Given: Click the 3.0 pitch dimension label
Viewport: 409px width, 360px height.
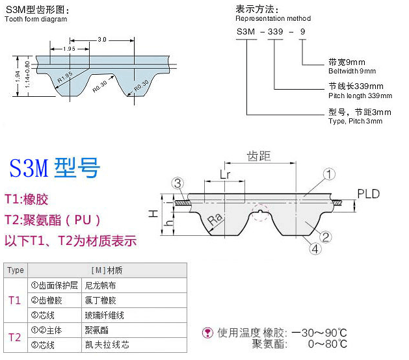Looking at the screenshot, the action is [102, 40].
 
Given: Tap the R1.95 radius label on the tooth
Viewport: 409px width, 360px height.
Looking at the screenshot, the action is [65, 77].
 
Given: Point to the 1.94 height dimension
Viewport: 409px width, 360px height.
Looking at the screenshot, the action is [17, 77].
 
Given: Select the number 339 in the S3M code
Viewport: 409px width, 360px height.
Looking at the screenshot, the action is [275, 32].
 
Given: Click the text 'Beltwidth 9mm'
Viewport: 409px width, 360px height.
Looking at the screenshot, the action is [352, 71].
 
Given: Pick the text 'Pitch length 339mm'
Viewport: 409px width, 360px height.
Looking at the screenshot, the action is [360, 96].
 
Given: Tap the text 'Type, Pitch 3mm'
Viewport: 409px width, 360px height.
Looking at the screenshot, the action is [355, 121].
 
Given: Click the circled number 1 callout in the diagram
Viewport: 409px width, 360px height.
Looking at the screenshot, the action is [329, 174].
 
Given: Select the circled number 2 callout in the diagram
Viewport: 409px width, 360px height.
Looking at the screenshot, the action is [326, 237].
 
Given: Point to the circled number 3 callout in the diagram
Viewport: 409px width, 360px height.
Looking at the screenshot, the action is [178, 183].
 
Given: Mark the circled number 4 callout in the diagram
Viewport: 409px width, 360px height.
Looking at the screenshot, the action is [315, 249].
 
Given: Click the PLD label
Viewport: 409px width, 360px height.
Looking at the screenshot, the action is [368, 194].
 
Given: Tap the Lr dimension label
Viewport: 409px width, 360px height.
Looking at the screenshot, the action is [225, 174].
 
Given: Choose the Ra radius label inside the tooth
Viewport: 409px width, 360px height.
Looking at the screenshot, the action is [215, 219].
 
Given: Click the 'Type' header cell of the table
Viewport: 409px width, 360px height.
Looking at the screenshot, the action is [16, 270].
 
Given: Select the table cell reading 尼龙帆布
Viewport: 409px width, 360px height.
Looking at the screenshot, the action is [100, 285].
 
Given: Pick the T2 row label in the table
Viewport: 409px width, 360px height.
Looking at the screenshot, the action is [14, 338].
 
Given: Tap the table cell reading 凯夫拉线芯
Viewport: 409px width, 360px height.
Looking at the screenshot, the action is [107, 344].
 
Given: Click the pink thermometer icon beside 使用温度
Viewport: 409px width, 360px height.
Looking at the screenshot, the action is [207, 333].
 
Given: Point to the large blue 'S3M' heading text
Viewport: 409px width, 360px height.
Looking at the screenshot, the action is [29, 168].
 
